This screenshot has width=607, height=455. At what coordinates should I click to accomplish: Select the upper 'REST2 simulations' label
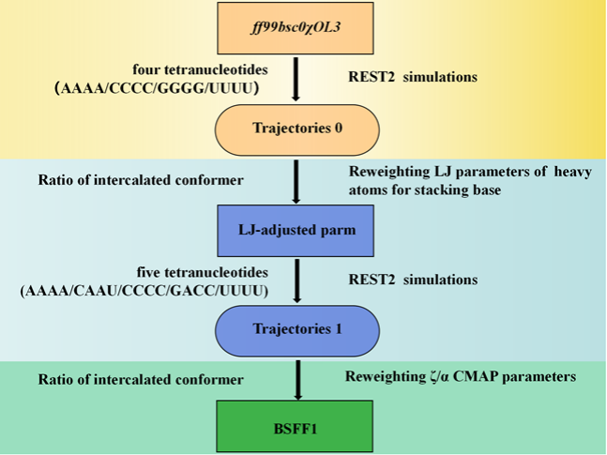(x=411, y=77)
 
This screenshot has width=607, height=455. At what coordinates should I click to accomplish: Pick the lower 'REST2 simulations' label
(x=411, y=280)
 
